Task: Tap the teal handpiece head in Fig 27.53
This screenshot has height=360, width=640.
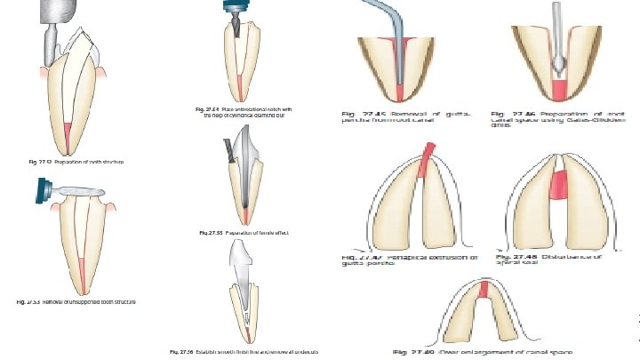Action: (x=42, y=188)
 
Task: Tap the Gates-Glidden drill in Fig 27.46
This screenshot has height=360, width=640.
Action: (x=558, y=44)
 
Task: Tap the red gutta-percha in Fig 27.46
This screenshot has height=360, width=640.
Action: (x=560, y=90)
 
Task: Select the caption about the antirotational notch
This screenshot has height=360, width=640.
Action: (x=248, y=112)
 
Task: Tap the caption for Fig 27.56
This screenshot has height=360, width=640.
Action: (x=244, y=352)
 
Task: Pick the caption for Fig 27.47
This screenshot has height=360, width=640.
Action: (x=410, y=260)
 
